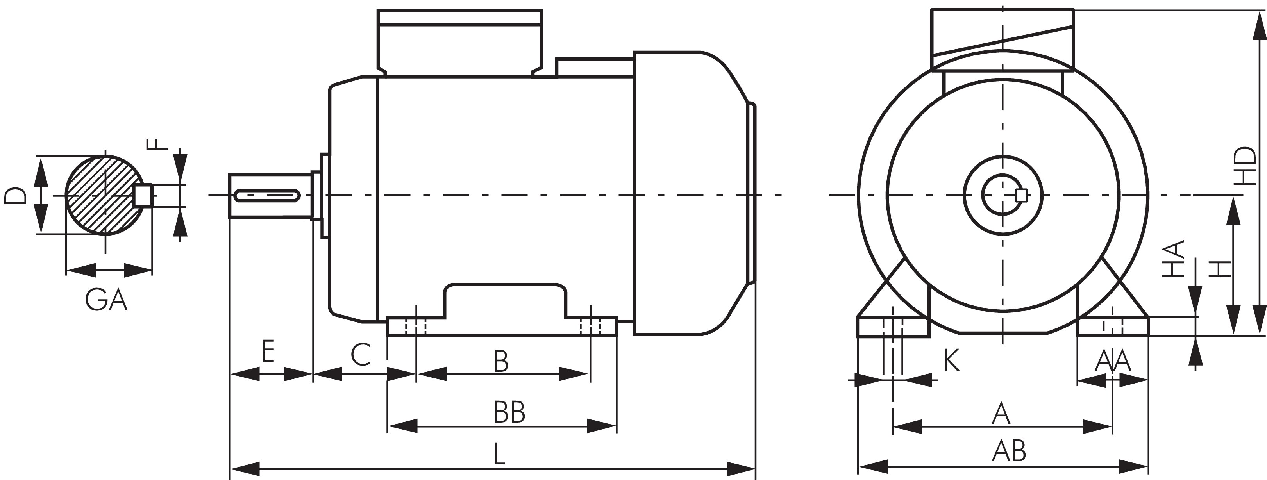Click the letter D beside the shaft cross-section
15,195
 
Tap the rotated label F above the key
158,144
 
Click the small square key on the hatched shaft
143,195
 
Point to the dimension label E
268,351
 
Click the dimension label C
361,355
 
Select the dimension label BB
509,412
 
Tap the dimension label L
499,455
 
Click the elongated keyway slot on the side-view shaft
268,196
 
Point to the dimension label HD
1246,166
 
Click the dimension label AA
1113,362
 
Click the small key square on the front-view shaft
1021,195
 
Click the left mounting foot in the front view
893,327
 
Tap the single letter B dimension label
501,362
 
